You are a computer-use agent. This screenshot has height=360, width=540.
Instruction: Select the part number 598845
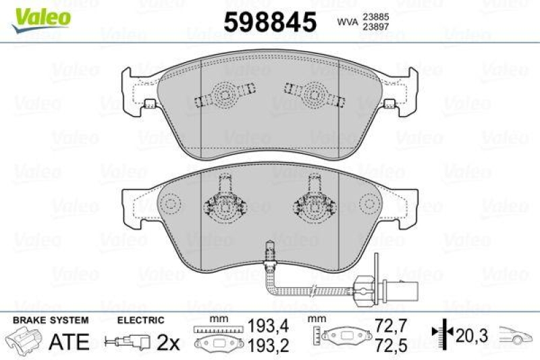click(269, 22)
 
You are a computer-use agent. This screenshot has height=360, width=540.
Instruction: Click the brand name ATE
click(70, 341)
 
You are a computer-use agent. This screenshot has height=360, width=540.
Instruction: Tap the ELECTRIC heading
click(140, 319)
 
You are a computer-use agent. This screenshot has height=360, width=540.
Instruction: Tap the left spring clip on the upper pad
click(223, 95)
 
